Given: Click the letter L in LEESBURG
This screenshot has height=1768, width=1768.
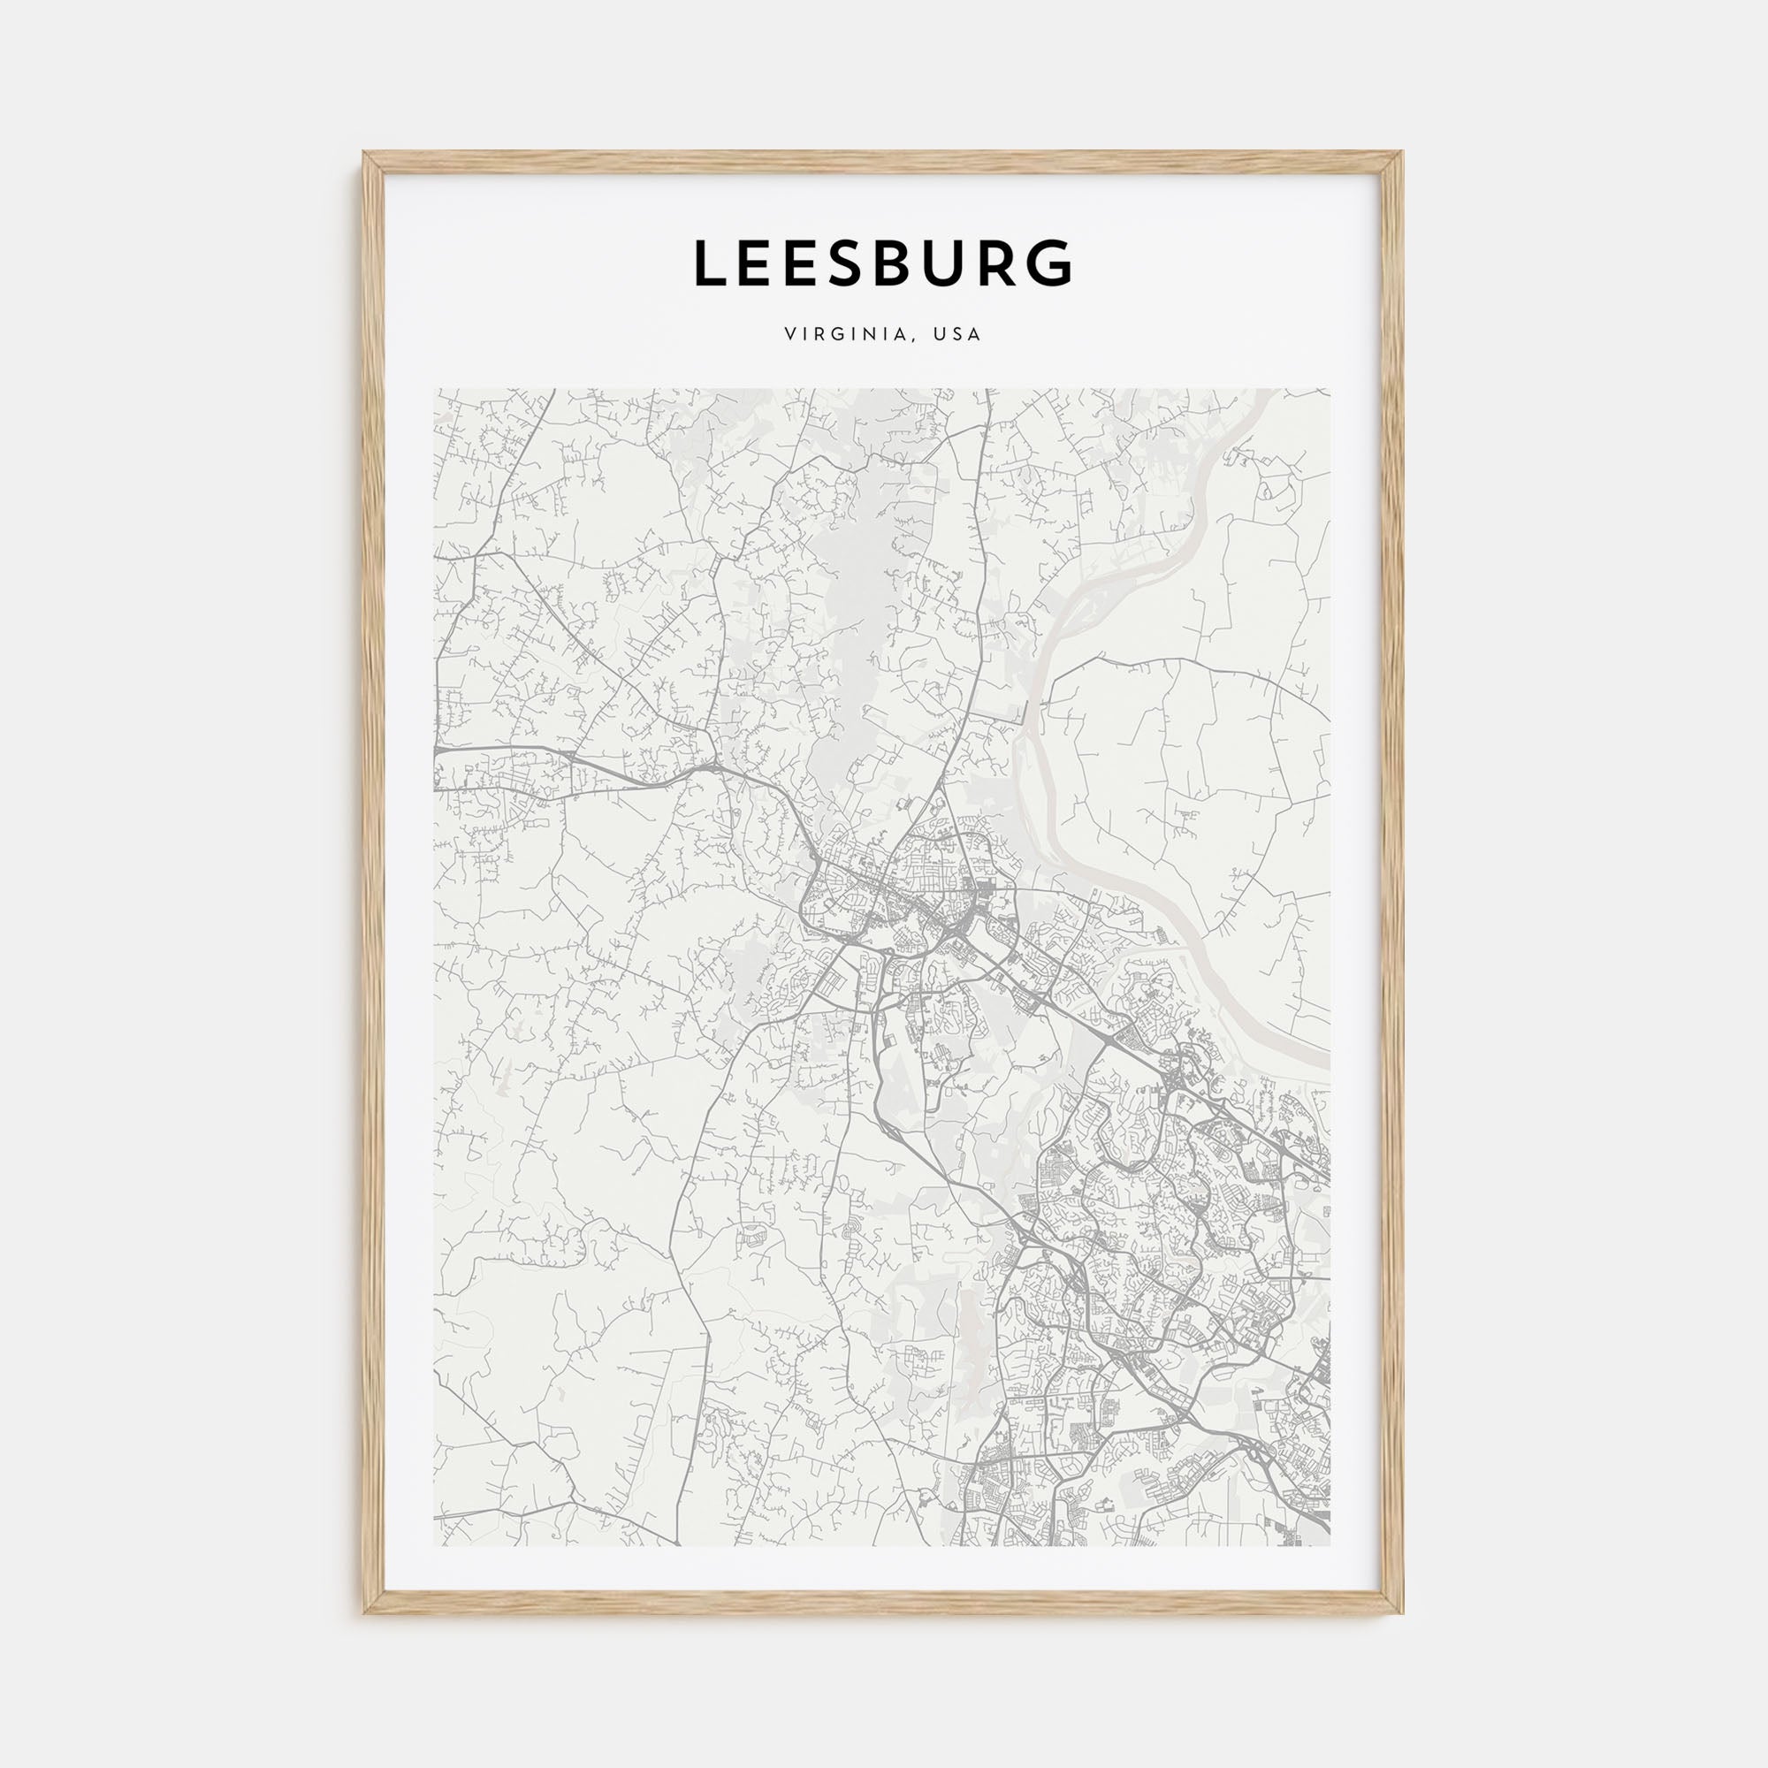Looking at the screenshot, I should (713, 263).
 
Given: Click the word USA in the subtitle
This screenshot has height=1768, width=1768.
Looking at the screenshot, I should (957, 335).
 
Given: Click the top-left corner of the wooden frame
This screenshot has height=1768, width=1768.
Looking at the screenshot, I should (364, 153).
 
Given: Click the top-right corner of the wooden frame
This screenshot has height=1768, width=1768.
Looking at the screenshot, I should (1403, 153).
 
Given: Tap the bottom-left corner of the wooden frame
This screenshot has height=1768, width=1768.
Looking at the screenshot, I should (364, 1613).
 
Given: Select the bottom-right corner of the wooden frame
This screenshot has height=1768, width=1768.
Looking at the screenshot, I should (1403, 1613).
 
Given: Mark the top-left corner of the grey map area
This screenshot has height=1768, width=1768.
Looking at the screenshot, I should (435, 389).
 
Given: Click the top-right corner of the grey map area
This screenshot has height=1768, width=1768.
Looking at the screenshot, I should (1331, 389).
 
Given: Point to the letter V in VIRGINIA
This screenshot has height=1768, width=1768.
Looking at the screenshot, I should (789, 335).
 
